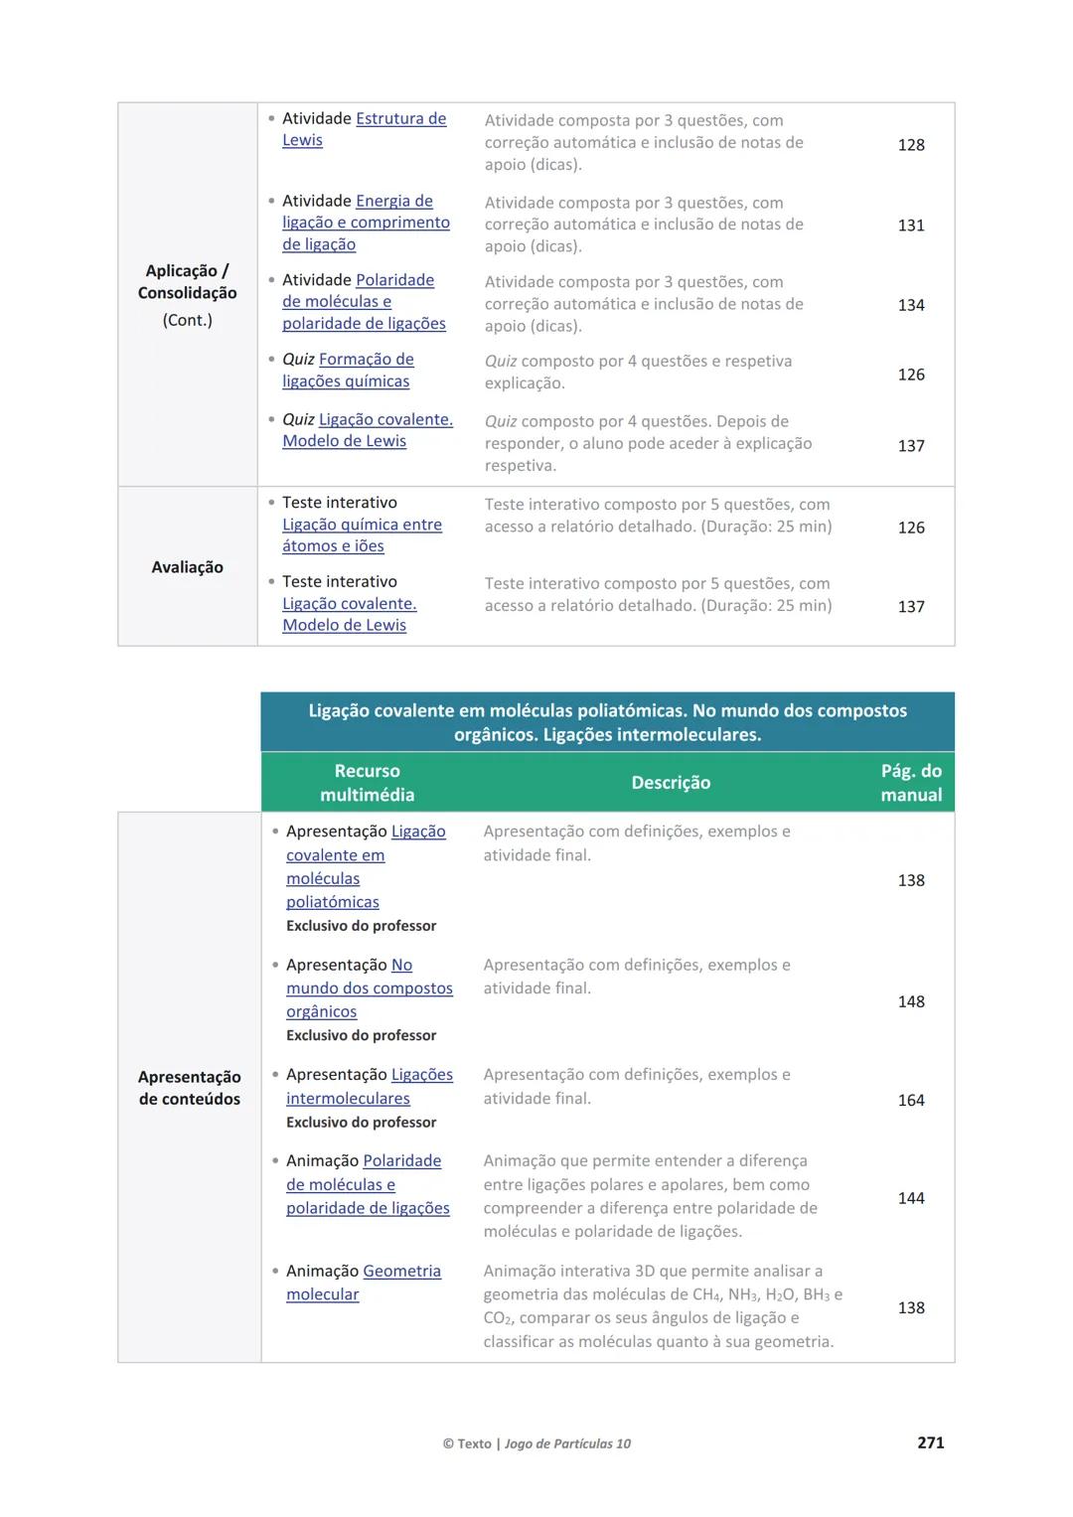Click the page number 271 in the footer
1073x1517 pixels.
(930, 1442)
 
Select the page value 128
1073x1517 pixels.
(911, 145)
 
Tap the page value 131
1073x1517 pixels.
(911, 226)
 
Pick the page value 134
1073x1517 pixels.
(911, 305)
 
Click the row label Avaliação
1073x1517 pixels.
(187, 567)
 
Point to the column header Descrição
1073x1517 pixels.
(671, 783)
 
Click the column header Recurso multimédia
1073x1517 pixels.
(367, 783)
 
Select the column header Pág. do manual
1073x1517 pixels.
(911, 783)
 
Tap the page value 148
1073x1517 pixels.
(911, 1001)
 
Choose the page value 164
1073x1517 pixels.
(911, 1101)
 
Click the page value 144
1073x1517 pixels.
(911, 1198)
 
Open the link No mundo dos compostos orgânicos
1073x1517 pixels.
(369, 988)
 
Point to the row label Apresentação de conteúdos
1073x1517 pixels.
(189, 1088)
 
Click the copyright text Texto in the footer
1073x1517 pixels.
(474, 1443)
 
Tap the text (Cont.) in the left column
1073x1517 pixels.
(187, 320)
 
